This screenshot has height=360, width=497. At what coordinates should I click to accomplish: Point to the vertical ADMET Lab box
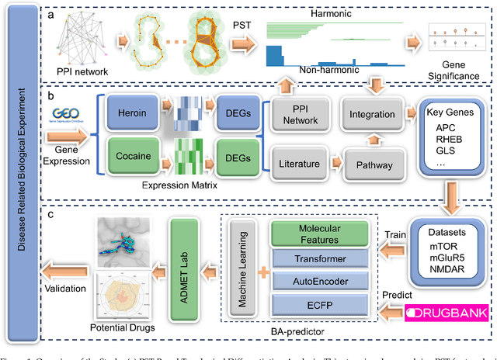pyautogui.click(x=186, y=269)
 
